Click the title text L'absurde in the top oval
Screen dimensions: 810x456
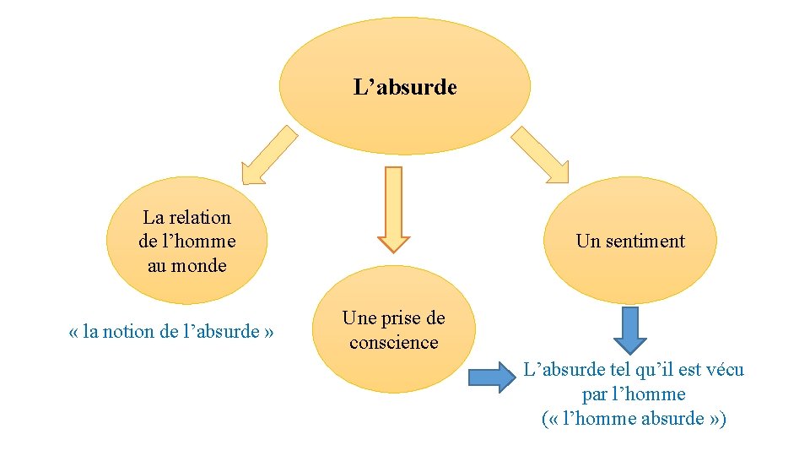click(405, 87)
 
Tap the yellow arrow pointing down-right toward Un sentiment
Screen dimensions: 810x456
click(541, 155)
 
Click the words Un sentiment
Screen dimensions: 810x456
click(629, 241)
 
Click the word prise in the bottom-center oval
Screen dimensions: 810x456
click(401, 318)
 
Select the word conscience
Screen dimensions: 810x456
click(393, 342)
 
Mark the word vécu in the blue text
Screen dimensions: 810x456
click(723, 370)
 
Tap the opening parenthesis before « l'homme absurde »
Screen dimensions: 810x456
click(544, 419)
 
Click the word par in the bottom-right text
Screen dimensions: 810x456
click(594, 394)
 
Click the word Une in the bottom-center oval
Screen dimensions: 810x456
click(358, 318)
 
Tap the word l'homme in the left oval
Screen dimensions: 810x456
click(198, 241)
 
